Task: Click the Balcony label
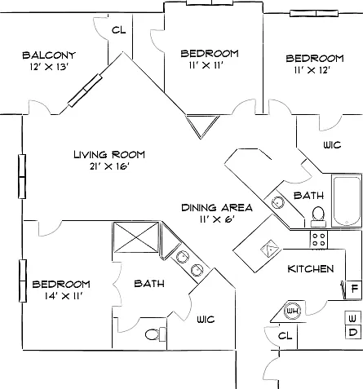click(x=49, y=55)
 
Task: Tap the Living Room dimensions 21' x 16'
click(x=109, y=166)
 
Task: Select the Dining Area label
click(x=217, y=208)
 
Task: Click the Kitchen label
click(x=311, y=269)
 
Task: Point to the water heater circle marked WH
click(x=293, y=311)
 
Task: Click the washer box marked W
click(x=352, y=318)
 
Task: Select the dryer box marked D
click(x=352, y=332)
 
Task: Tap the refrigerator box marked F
click(x=354, y=290)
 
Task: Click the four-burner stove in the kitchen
click(x=319, y=240)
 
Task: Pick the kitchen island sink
click(x=270, y=248)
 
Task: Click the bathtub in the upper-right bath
click(x=347, y=201)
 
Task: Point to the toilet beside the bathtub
click(x=318, y=217)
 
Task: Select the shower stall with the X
click(x=136, y=237)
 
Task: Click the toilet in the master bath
click(x=156, y=334)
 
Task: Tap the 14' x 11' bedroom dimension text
click(x=64, y=296)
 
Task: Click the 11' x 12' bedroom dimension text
click(x=312, y=70)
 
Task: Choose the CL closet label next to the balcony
click(x=119, y=30)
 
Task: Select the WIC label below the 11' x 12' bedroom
click(x=332, y=145)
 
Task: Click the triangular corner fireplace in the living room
click(x=202, y=126)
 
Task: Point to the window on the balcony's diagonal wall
click(x=85, y=91)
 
